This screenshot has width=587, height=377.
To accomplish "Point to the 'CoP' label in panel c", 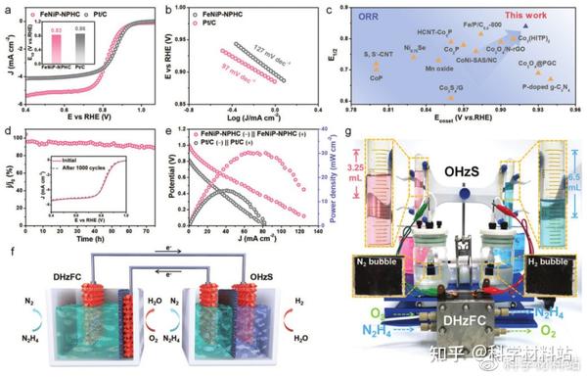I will point(378,82).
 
